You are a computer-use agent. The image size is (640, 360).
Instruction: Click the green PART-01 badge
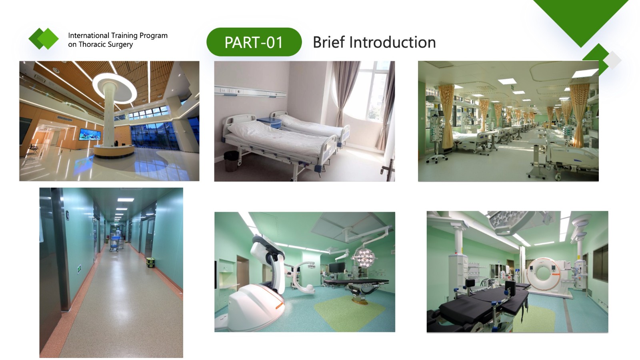point(254,42)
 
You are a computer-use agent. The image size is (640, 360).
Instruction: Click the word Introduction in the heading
point(392,42)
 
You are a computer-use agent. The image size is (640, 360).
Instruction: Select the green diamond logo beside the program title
point(44,38)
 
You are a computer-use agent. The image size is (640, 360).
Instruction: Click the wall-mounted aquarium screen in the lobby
point(90,134)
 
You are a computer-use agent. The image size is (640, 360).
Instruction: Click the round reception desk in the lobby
point(114,150)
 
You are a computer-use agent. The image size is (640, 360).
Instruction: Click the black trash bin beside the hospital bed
point(231,161)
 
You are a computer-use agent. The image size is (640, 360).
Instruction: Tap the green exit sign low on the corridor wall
point(79,268)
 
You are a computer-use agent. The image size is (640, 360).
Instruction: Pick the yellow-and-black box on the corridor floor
point(150,262)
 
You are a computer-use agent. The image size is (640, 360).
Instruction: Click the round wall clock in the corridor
point(68,215)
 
